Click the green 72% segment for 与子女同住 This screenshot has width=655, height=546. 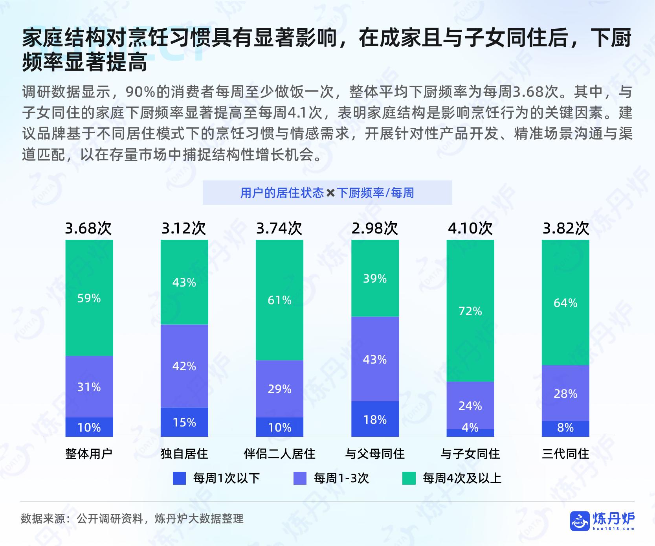pos(470,311)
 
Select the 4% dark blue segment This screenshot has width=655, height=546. pos(470,432)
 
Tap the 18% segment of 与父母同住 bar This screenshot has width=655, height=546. pos(375,419)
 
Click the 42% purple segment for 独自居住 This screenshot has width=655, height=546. pos(184,366)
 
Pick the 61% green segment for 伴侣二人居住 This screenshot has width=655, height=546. pos(279,300)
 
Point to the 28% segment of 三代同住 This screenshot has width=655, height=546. pos(565,393)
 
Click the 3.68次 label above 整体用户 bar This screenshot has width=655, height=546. pos(88,228)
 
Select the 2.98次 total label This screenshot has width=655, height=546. pos(375,228)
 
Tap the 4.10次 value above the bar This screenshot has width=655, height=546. pos(470,228)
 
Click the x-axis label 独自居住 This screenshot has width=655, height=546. pos(184,454)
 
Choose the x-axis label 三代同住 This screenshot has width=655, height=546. pos(565,454)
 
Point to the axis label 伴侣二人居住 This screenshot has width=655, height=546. pos(279,454)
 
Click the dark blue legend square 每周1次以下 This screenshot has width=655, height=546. pos(179,478)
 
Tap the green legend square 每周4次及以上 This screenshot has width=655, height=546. pos(409,478)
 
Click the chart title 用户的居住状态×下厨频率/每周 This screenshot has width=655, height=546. pos(327,193)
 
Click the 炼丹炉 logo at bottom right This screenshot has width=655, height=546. pos(602,521)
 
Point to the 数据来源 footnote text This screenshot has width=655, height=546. pos(132,518)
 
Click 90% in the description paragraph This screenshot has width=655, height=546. pos(141,92)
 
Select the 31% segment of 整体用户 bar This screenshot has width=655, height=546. pos(89,387)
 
